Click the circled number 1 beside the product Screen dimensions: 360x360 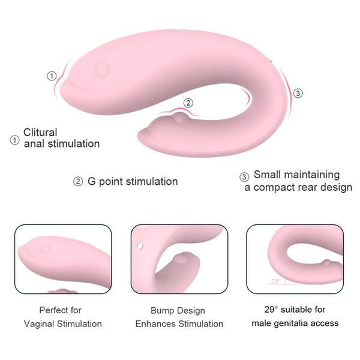click(52, 76)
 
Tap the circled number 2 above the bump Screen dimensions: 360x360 click(188, 103)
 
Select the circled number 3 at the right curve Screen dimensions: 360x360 click(298, 93)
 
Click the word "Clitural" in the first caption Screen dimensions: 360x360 click(40, 132)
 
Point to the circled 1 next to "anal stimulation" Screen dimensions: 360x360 click(14, 140)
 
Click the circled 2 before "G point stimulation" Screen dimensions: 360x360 click(78, 182)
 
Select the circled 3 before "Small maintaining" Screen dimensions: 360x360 click(244, 177)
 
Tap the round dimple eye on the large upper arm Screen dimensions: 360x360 click(103, 69)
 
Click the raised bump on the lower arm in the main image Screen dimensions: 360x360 click(180, 117)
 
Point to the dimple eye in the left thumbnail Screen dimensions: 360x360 click(46, 248)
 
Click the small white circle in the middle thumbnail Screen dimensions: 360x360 click(140, 246)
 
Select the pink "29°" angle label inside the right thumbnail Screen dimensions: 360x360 click(276, 281)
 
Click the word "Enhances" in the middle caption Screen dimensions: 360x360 click(156, 324)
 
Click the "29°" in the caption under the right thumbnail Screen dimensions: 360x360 click(271, 310)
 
